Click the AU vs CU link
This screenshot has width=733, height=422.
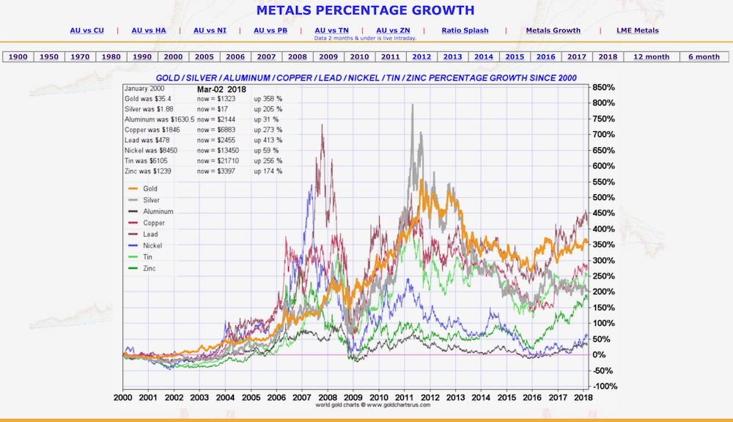coord(86,30)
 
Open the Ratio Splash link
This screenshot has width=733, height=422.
coord(465,30)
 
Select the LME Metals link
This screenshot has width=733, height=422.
coord(638,30)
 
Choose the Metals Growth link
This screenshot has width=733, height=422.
coord(553,30)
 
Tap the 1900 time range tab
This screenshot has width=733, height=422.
coord(18,56)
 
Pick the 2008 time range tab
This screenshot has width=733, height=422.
coord(298,56)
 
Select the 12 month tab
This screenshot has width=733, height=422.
coord(652,56)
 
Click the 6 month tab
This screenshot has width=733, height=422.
coord(704,56)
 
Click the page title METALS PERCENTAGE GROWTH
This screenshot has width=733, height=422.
coord(365,10)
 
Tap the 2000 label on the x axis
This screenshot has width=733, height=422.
coord(122,396)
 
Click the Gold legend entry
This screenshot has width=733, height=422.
coord(150,188)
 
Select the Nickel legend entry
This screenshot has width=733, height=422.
coord(152,245)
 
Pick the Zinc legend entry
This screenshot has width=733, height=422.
coord(150,268)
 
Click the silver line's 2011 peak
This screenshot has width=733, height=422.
coord(413,105)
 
